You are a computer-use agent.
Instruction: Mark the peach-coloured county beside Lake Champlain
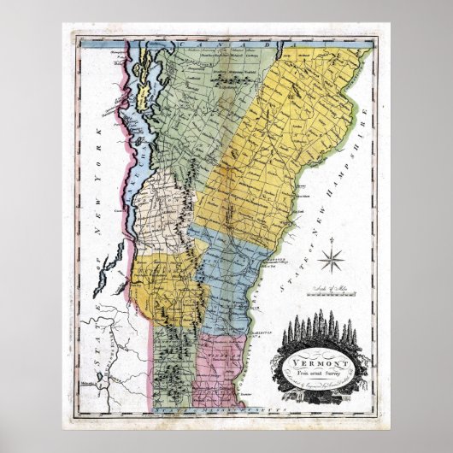pyautogui.click(x=168, y=205)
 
